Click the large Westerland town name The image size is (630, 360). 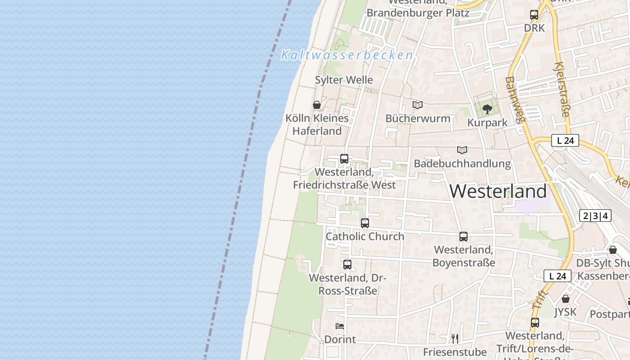[498, 191]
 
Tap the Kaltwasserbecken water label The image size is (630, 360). [347, 55]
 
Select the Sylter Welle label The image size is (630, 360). [344, 80]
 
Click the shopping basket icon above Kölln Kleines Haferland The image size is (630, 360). [317, 105]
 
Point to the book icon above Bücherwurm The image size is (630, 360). [418, 105]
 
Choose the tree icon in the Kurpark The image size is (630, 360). [487, 109]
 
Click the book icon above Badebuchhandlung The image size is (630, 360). [462, 150]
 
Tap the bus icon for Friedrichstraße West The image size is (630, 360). [344, 158]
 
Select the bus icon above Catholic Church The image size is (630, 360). [365, 223]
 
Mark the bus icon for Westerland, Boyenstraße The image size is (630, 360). [463, 236]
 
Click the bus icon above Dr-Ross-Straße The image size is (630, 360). [347, 265]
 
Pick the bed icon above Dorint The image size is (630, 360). [340, 326]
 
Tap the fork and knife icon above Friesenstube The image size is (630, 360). [455, 338]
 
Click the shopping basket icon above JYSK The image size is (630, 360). [566, 298]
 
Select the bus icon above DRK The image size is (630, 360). [534, 14]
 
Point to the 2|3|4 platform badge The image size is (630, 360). [595, 216]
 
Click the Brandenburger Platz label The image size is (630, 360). [418, 13]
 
